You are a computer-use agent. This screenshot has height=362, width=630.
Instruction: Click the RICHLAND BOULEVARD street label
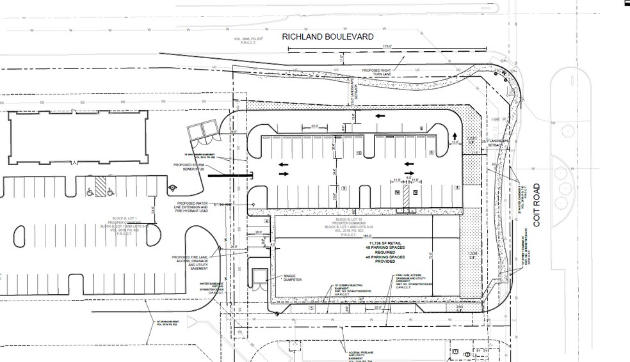coord(328,38)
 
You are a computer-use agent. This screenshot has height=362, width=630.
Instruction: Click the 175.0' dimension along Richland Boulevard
coord(386,47)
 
